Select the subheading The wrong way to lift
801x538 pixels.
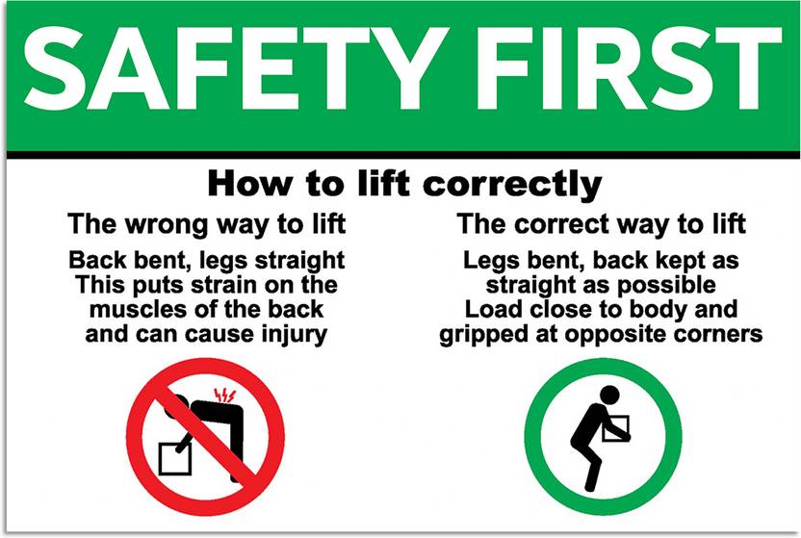[x=206, y=225]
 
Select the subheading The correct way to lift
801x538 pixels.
[x=601, y=225]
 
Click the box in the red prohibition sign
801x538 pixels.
[x=176, y=456]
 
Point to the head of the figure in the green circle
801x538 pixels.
[x=607, y=396]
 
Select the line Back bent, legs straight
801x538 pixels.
[x=206, y=260]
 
